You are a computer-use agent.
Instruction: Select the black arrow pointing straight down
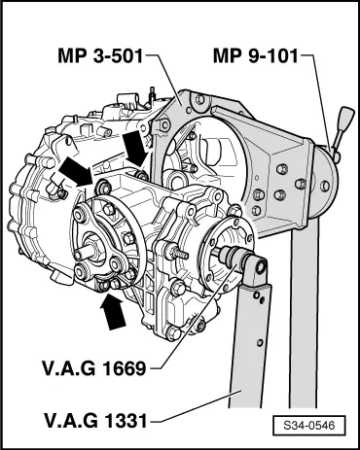pyautogui.click(x=137, y=148)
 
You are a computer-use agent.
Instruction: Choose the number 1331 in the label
pyautogui.click(x=121, y=422)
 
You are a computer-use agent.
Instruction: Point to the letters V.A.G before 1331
pyautogui.click(x=64, y=422)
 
